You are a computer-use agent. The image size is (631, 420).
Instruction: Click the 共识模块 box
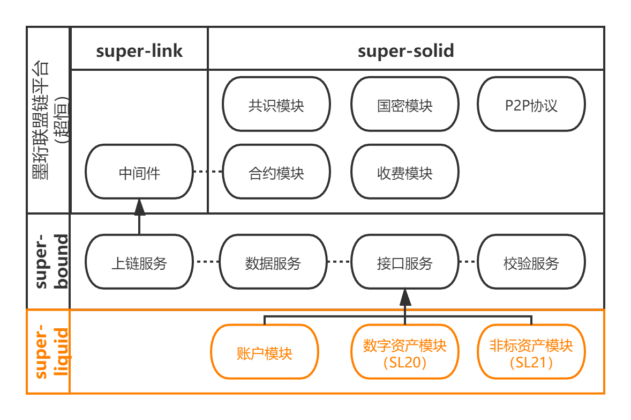(x=276, y=104)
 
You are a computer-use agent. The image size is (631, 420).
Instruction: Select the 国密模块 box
(x=404, y=104)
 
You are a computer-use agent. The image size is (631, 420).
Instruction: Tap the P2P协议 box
(x=531, y=104)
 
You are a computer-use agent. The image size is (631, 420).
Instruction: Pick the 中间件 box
(x=139, y=173)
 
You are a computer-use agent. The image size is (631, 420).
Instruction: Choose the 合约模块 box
(x=276, y=173)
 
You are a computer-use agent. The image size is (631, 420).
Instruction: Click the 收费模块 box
(x=404, y=173)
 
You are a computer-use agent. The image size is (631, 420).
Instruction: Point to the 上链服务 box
(x=139, y=262)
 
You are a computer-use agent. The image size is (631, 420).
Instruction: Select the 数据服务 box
(x=273, y=262)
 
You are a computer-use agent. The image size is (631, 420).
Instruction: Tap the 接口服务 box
(x=404, y=262)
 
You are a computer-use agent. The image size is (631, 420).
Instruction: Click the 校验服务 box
(x=531, y=262)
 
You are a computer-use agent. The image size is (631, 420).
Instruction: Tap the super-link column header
(x=139, y=50)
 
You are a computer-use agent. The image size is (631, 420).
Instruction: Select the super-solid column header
(x=405, y=50)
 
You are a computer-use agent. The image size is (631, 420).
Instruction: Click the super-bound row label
(x=49, y=261)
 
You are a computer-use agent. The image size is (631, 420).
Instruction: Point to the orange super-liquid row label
(x=49, y=351)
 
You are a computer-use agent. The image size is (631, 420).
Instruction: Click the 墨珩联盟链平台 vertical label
(x=49, y=120)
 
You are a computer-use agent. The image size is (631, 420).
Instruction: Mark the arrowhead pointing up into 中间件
(x=139, y=207)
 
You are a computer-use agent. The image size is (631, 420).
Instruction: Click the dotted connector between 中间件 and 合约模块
(x=207, y=172)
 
